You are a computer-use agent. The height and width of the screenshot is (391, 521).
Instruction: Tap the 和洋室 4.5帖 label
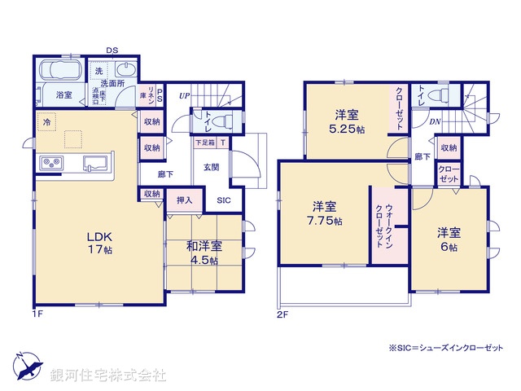pos(204,253)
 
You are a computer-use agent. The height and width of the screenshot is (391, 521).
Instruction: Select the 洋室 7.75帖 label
pos(325,213)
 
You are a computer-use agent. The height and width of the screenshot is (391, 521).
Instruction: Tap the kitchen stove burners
pos(52,163)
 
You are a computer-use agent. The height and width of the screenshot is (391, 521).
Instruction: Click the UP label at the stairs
pos(184,95)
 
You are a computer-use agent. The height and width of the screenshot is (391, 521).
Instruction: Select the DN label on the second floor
pos(435,122)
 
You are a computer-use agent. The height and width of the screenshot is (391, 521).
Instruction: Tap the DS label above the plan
pos(112,51)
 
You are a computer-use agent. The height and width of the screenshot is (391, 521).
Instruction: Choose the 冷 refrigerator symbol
pos(46,123)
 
